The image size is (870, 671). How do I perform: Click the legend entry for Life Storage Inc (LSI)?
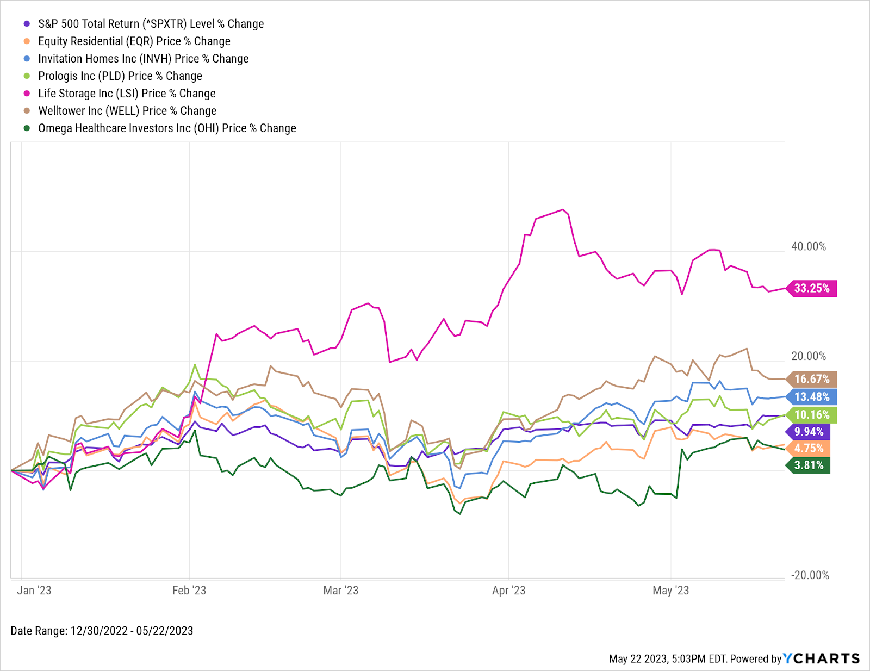coord(127,94)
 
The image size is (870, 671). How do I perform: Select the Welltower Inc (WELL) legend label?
coord(127,111)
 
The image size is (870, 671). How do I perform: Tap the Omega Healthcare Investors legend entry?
coord(167,128)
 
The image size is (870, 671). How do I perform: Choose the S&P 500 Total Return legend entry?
coord(151,24)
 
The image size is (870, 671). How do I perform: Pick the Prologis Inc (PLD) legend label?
coord(120,76)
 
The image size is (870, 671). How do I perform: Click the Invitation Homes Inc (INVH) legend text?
coord(143,59)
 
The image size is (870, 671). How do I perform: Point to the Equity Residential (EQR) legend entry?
coord(134,41)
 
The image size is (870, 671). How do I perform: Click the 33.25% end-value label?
coord(812,288)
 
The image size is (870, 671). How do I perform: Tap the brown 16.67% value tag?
coord(812,379)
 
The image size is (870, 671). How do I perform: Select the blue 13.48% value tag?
coord(812,397)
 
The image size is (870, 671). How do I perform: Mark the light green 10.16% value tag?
coord(812,415)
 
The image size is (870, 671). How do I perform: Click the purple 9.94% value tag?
coord(809,432)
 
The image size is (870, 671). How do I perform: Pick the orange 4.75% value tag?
coord(809,449)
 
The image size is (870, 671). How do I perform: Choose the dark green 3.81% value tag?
coord(809,465)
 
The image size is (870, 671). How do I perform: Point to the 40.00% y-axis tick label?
coord(809,247)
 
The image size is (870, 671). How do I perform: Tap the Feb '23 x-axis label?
coord(189,591)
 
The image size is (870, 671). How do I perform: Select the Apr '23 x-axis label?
coord(508,591)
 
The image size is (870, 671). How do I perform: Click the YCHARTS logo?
coord(821,658)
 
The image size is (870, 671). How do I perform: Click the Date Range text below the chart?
coord(102,631)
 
